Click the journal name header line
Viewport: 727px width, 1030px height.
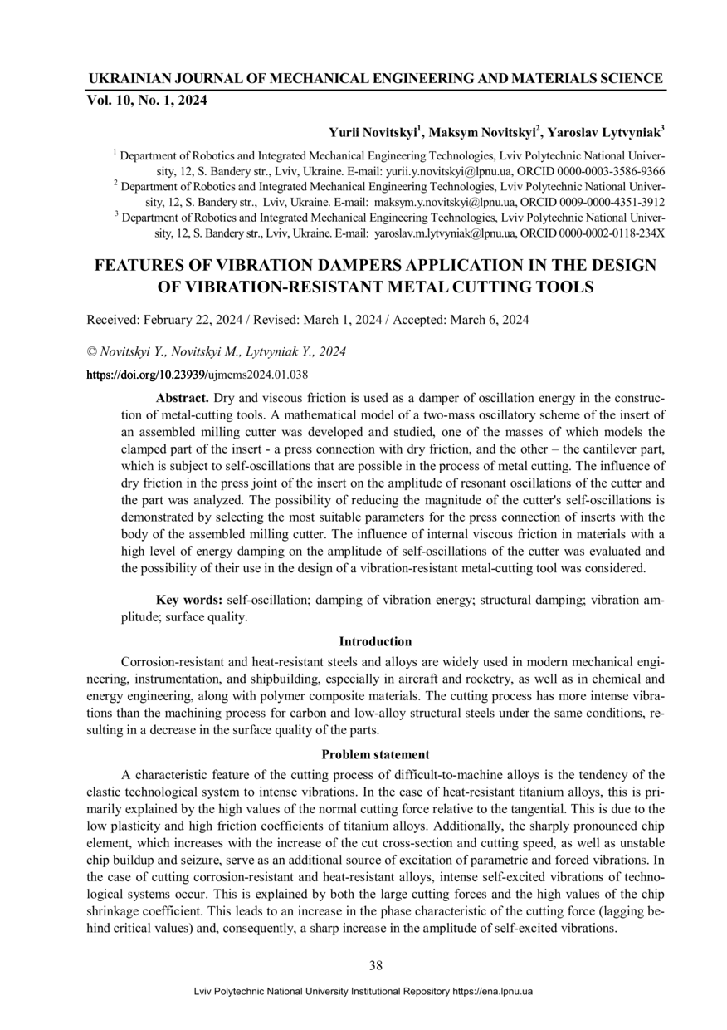375,79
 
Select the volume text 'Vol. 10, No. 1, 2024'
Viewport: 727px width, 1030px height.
147,101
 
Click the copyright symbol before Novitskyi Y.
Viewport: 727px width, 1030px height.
91,352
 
